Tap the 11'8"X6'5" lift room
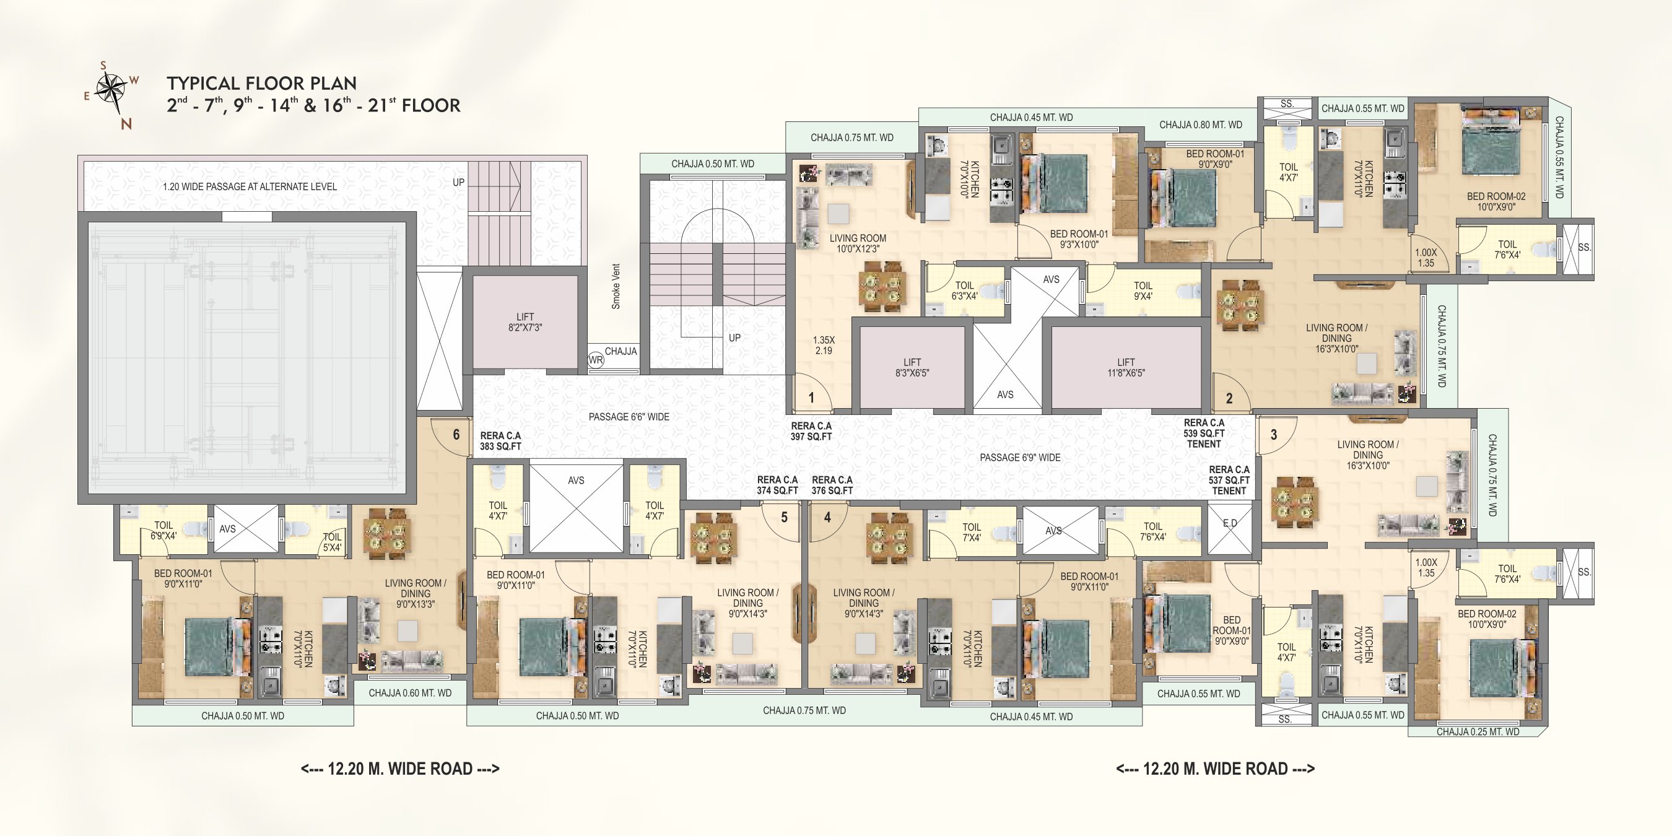1126,368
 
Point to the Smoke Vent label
616,286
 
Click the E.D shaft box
1229,530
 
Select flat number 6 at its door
456,434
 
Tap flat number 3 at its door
1273,434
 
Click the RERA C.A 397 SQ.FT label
811,432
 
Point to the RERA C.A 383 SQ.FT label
500,442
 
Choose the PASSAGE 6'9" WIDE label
1021,458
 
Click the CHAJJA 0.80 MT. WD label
1201,124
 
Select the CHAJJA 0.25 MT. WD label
1478,732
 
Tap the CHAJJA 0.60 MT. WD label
410,693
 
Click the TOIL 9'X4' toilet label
1143,291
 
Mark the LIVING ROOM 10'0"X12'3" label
858,243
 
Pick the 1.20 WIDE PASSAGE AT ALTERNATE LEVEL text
250,186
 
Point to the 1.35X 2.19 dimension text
824,346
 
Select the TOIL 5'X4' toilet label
333,542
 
